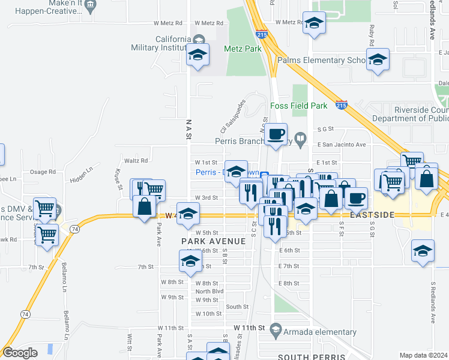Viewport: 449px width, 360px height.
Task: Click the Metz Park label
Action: [243, 49]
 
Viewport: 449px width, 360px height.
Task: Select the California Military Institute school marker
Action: [197, 56]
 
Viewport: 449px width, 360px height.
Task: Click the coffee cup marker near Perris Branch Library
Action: [276, 134]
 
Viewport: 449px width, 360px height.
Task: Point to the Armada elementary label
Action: [321, 332]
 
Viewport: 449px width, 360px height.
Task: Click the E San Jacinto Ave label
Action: [341, 145]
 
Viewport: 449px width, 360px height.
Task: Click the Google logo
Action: [20, 353]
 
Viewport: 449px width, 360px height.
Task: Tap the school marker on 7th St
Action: [190, 262]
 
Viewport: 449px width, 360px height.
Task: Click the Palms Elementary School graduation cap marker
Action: [378, 61]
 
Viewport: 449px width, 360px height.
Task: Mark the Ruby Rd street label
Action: [372, 36]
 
